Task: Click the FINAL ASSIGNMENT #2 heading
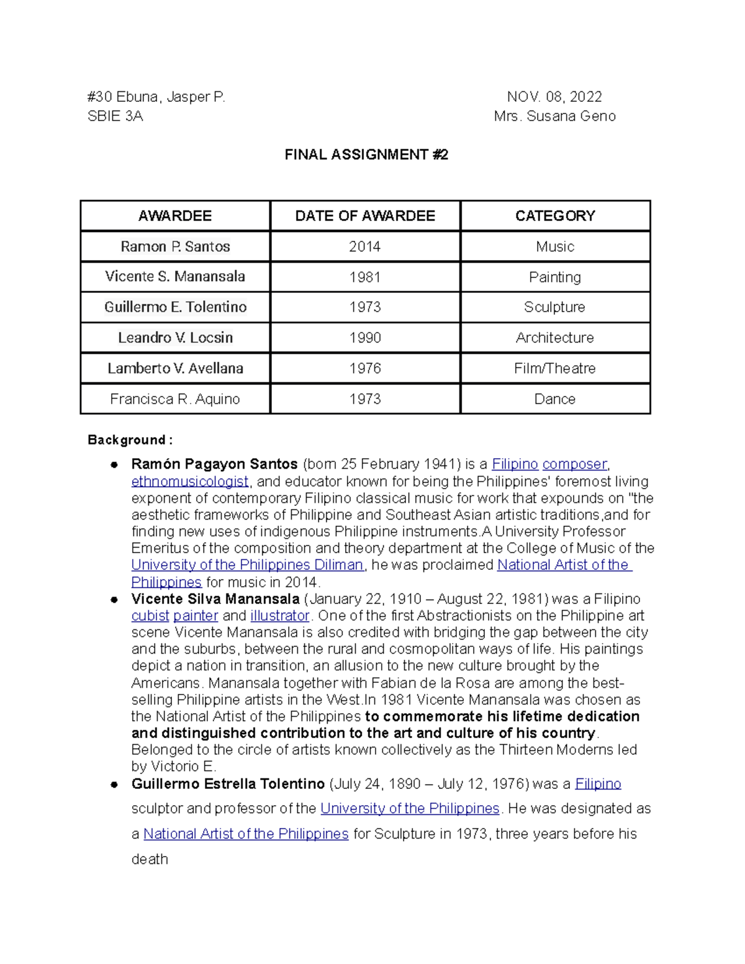[x=366, y=155]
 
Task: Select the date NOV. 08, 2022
[x=554, y=97]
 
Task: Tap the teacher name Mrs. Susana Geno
[x=554, y=116]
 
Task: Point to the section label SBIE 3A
[x=115, y=116]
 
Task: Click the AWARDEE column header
[x=175, y=216]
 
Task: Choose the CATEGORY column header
[x=555, y=216]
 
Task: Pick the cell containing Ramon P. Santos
[x=175, y=246]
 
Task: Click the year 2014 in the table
[x=365, y=246]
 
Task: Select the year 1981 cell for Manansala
[x=365, y=277]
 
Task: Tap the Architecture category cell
[x=555, y=338]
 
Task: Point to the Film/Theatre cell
[x=555, y=368]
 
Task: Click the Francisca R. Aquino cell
[x=175, y=399]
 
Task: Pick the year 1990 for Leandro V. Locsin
[x=365, y=338]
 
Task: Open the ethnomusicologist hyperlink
[x=190, y=482]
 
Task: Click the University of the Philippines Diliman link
[x=247, y=565]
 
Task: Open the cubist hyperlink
[x=150, y=616]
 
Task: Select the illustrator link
[x=279, y=616]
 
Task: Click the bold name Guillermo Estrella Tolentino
[x=228, y=784]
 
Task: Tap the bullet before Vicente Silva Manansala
[x=114, y=600]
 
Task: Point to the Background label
[x=130, y=440]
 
